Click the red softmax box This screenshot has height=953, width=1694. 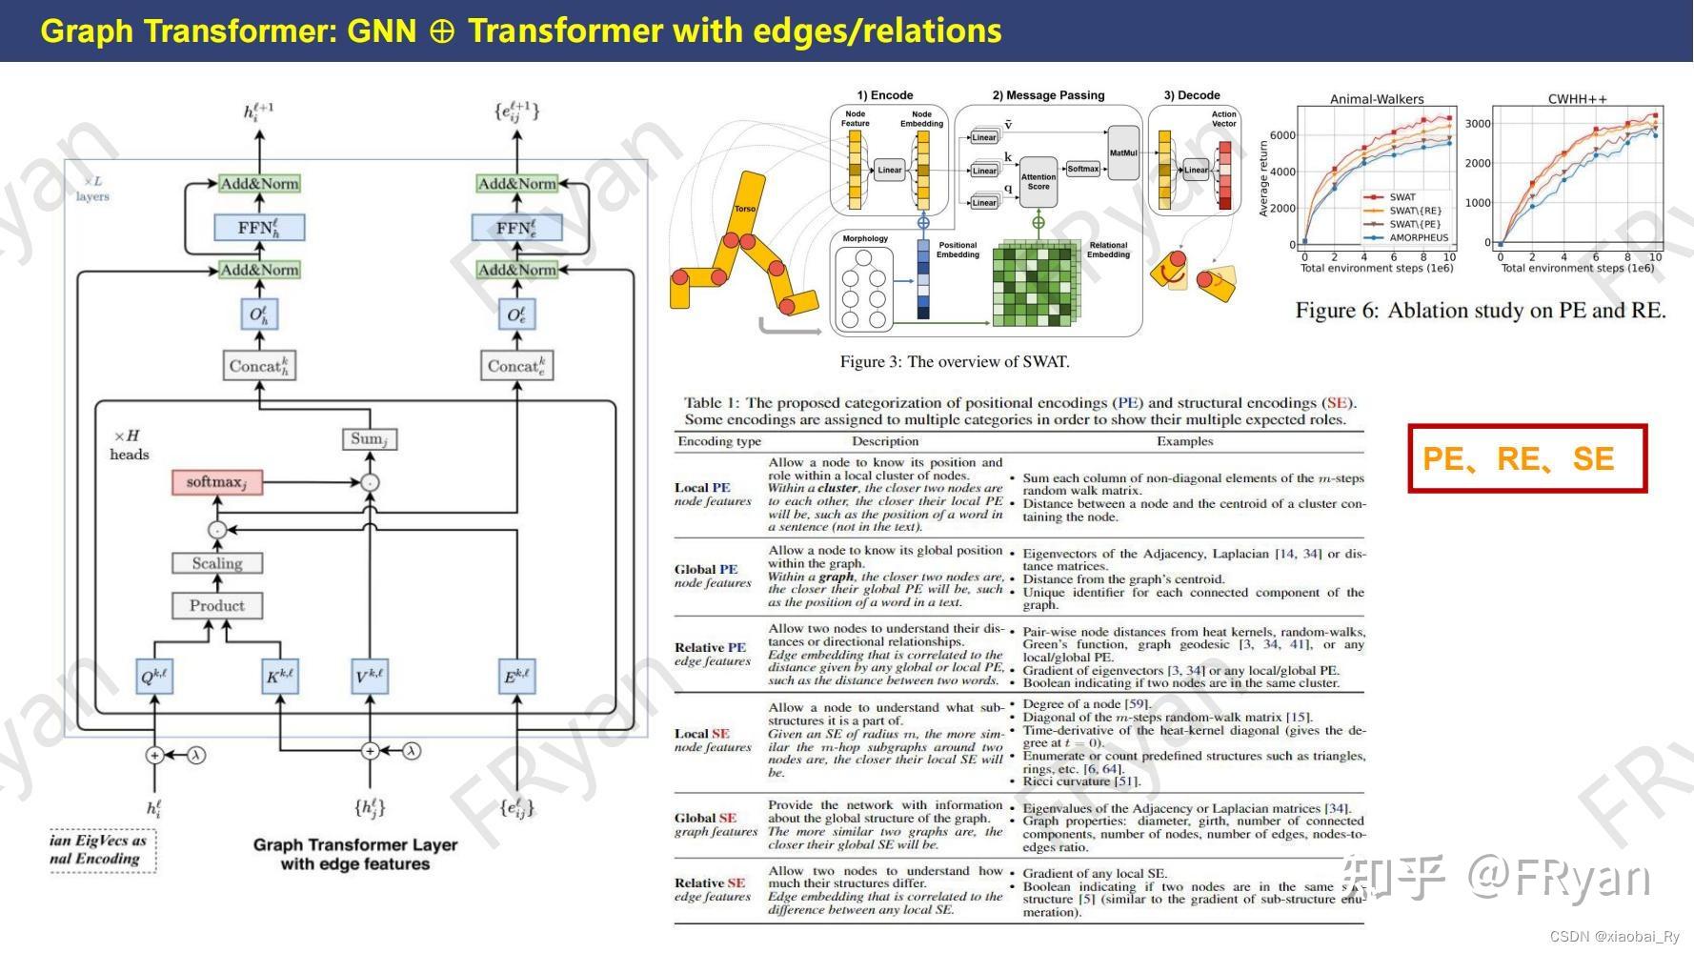pos(216,482)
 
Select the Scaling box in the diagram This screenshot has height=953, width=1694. pos(217,563)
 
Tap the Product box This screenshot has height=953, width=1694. pos(217,605)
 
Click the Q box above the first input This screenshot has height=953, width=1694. pos(153,677)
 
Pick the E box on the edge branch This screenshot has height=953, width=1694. pos(516,677)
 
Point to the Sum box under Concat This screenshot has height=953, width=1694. pos(369,438)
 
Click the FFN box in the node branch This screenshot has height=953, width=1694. pos(258,228)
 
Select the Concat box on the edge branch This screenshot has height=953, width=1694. pos(515,366)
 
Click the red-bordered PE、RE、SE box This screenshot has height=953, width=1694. pos(1527,458)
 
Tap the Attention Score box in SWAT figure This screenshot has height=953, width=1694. pos(1038,181)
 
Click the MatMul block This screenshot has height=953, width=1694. pos(1123,153)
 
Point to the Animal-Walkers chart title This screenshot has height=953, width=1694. pos(1377,99)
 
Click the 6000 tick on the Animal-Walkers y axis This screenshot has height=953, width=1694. pos(1282,135)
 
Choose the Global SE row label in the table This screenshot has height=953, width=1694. pos(706,818)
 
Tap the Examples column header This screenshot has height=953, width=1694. pos(1184,441)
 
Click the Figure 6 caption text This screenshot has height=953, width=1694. pos(1480,311)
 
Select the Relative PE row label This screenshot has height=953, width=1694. pos(710,647)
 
